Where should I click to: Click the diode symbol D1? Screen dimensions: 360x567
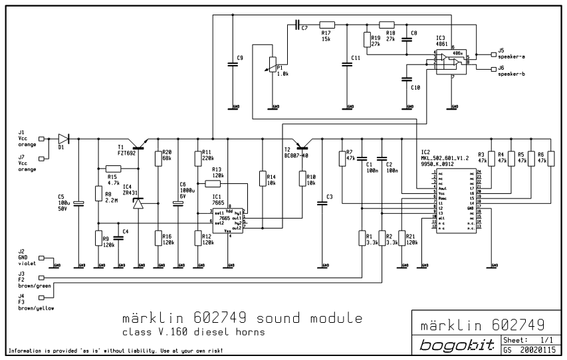tap(63, 139)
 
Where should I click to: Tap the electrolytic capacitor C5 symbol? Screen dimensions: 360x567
tap(78, 202)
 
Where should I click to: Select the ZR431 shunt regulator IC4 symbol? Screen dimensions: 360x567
tap(138, 203)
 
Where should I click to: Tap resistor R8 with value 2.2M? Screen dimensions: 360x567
tap(99, 196)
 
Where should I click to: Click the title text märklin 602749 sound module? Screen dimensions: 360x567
tap(237, 315)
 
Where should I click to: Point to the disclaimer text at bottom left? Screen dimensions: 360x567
tap(113, 350)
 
